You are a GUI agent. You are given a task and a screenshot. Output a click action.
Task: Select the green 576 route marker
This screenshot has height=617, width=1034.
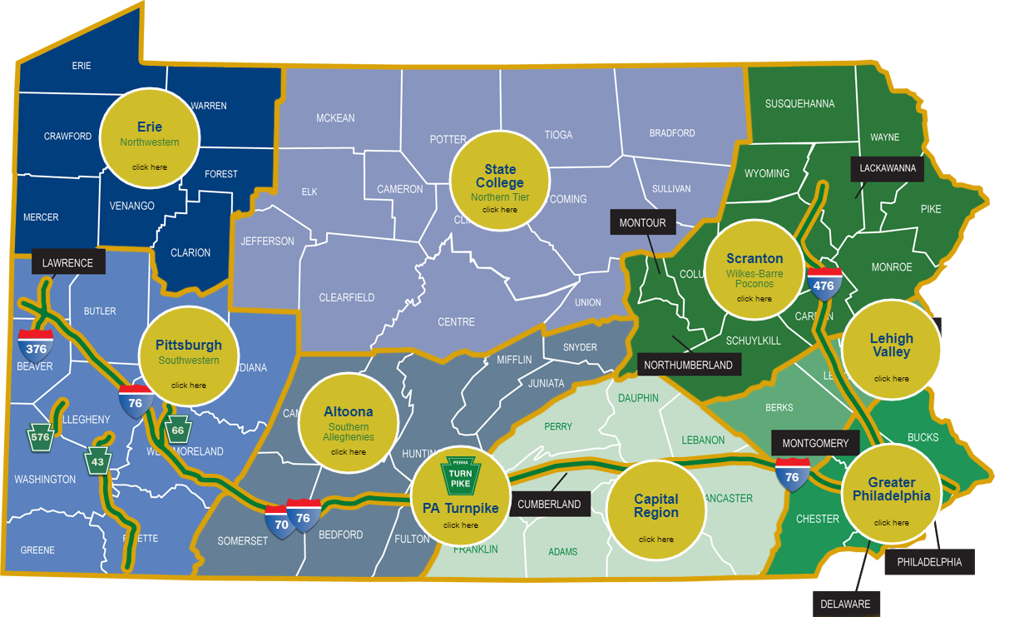[40, 436]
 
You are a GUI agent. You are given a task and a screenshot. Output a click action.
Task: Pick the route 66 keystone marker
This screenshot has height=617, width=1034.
[177, 430]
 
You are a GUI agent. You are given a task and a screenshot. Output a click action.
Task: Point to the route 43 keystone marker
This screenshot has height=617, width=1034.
[97, 461]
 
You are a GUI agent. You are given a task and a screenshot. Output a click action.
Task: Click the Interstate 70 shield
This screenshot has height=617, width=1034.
[281, 522]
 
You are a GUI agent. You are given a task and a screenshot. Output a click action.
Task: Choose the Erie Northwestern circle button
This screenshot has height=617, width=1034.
[150, 137]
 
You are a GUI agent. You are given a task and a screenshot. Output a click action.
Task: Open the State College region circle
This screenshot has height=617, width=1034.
[499, 180]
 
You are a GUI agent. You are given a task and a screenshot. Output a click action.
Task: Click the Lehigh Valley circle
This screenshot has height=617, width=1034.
[891, 350]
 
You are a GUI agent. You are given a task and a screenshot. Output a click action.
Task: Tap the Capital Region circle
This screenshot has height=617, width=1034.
[656, 509]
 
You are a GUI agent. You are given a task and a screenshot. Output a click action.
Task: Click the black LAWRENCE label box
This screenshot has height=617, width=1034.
[68, 262]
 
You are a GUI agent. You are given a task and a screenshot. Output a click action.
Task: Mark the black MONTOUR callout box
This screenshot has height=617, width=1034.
[642, 223]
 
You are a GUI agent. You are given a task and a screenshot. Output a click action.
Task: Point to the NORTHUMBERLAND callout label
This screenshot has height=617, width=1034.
[688, 365]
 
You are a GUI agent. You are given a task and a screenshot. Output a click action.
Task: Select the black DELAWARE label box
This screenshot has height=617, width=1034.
[845, 604]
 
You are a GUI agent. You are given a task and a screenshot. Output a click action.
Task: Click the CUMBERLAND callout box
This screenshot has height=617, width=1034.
[549, 504]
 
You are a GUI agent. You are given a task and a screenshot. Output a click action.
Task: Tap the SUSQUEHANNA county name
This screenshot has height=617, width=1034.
[799, 104]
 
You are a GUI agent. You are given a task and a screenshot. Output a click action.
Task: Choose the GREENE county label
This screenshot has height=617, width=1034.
[37, 550]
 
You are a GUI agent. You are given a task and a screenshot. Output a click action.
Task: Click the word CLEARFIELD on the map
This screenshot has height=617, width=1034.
[347, 297]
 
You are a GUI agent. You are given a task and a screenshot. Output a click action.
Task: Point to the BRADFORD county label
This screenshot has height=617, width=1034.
[672, 133]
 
